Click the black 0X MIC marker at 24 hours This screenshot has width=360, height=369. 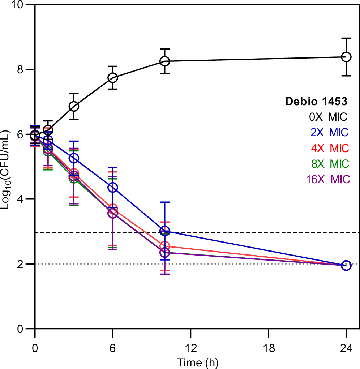pos(346,57)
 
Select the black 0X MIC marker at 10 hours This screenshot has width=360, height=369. pos(165,61)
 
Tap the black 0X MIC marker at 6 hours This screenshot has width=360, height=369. pos(113,78)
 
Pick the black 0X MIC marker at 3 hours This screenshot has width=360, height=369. pos(74,106)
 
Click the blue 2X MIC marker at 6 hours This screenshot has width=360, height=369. pos(113,187)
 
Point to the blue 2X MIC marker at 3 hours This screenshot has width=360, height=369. pos(74,158)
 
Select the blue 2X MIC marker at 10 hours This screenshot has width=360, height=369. pos(165,231)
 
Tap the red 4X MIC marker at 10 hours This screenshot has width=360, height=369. pos(165,246)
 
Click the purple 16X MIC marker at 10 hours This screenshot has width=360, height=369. pos(165,252)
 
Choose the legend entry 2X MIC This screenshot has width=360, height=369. pos(329,133)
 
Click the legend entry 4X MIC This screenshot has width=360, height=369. pos(329,148)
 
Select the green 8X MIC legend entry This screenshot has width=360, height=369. pos(329,164)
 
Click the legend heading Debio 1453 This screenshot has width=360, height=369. pos(316,102)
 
